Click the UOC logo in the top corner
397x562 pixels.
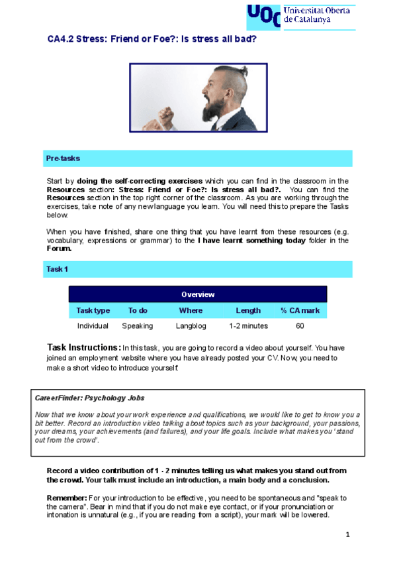click(263, 15)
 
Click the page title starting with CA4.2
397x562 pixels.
click(152, 39)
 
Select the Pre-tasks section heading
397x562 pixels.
click(63, 159)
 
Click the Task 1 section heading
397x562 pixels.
click(57, 269)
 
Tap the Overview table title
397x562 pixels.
click(197, 294)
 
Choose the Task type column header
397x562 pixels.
click(93, 310)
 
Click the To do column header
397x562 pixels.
click(138, 310)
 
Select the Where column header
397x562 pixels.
click(191, 310)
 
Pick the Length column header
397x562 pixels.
click(248, 310)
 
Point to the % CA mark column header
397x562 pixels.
click(300, 310)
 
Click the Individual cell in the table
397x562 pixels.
click(93, 326)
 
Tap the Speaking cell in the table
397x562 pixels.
click(138, 326)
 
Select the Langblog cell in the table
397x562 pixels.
click(191, 326)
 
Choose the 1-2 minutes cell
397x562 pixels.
click(248, 326)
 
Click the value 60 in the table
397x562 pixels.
click(300, 326)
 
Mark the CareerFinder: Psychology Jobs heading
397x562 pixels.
click(89, 398)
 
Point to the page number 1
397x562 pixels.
click(347, 534)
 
